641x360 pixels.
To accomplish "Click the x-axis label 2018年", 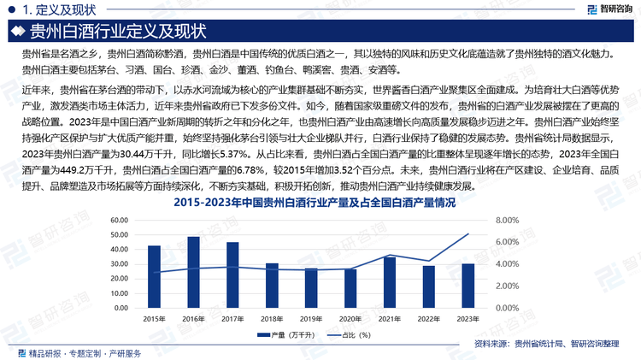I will [272, 318].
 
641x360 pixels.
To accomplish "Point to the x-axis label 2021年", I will [389, 318].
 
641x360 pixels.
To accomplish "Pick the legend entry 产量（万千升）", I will [288, 337].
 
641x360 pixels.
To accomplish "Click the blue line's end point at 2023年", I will [468, 233].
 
